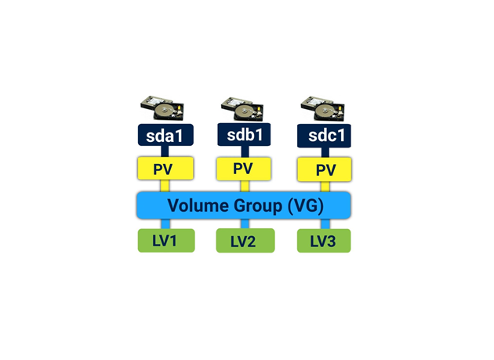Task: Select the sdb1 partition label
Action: click(x=243, y=135)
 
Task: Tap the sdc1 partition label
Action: click(x=324, y=135)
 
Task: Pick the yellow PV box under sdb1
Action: click(x=243, y=169)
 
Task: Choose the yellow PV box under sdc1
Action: click(x=324, y=169)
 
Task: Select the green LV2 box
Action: click(x=245, y=241)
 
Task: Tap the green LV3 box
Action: click(x=323, y=241)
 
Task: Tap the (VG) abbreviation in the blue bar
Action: click(x=307, y=205)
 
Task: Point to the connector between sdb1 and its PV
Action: click(x=244, y=151)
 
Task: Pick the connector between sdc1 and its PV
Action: click(x=324, y=152)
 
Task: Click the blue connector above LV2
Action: click(x=245, y=224)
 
